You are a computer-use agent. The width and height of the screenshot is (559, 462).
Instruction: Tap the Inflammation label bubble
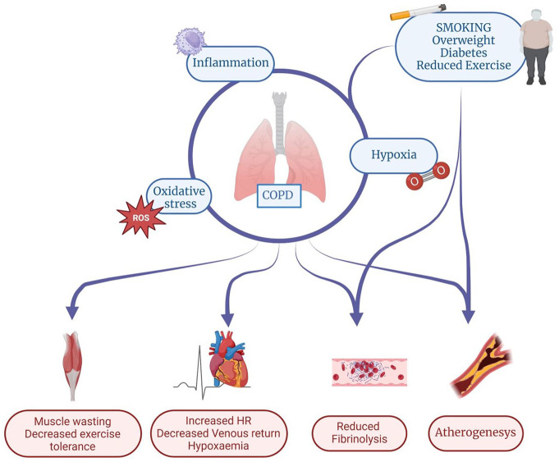tap(230, 63)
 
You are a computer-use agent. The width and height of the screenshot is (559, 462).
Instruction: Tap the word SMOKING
tap(458, 26)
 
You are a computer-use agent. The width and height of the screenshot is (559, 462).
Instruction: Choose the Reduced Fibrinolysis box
tap(360, 434)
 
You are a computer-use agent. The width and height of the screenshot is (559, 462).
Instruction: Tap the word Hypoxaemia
tap(218, 446)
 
